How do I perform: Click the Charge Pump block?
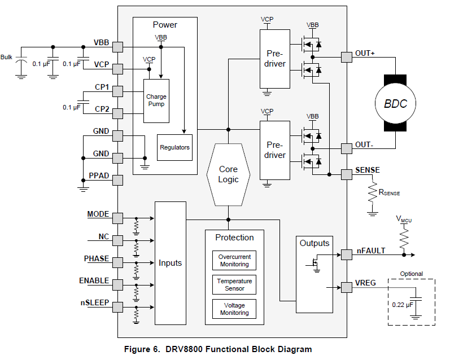[x=156, y=100]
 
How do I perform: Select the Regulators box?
[x=174, y=147]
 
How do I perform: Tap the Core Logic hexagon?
[x=228, y=174]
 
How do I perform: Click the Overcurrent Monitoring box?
[x=234, y=261]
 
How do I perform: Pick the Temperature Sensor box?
[x=234, y=284]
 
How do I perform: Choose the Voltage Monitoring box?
[x=234, y=309]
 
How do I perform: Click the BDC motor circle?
[x=395, y=103]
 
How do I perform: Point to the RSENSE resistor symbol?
[x=373, y=192]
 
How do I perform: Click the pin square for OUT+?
[x=347, y=58]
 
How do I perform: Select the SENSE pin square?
[x=347, y=174]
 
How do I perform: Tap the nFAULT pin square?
[x=347, y=254]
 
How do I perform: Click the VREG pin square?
[x=347, y=287]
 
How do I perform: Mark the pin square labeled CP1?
[x=117, y=91]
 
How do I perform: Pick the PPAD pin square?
[x=117, y=181]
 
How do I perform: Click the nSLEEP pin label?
[x=95, y=302]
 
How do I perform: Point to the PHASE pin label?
[x=97, y=258]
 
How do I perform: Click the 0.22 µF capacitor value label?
[x=403, y=305]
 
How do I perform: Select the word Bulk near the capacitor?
[x=6, y=57]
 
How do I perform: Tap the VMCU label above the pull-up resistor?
[x=404, y=219]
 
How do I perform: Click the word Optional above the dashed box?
[x=411, y=274]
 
